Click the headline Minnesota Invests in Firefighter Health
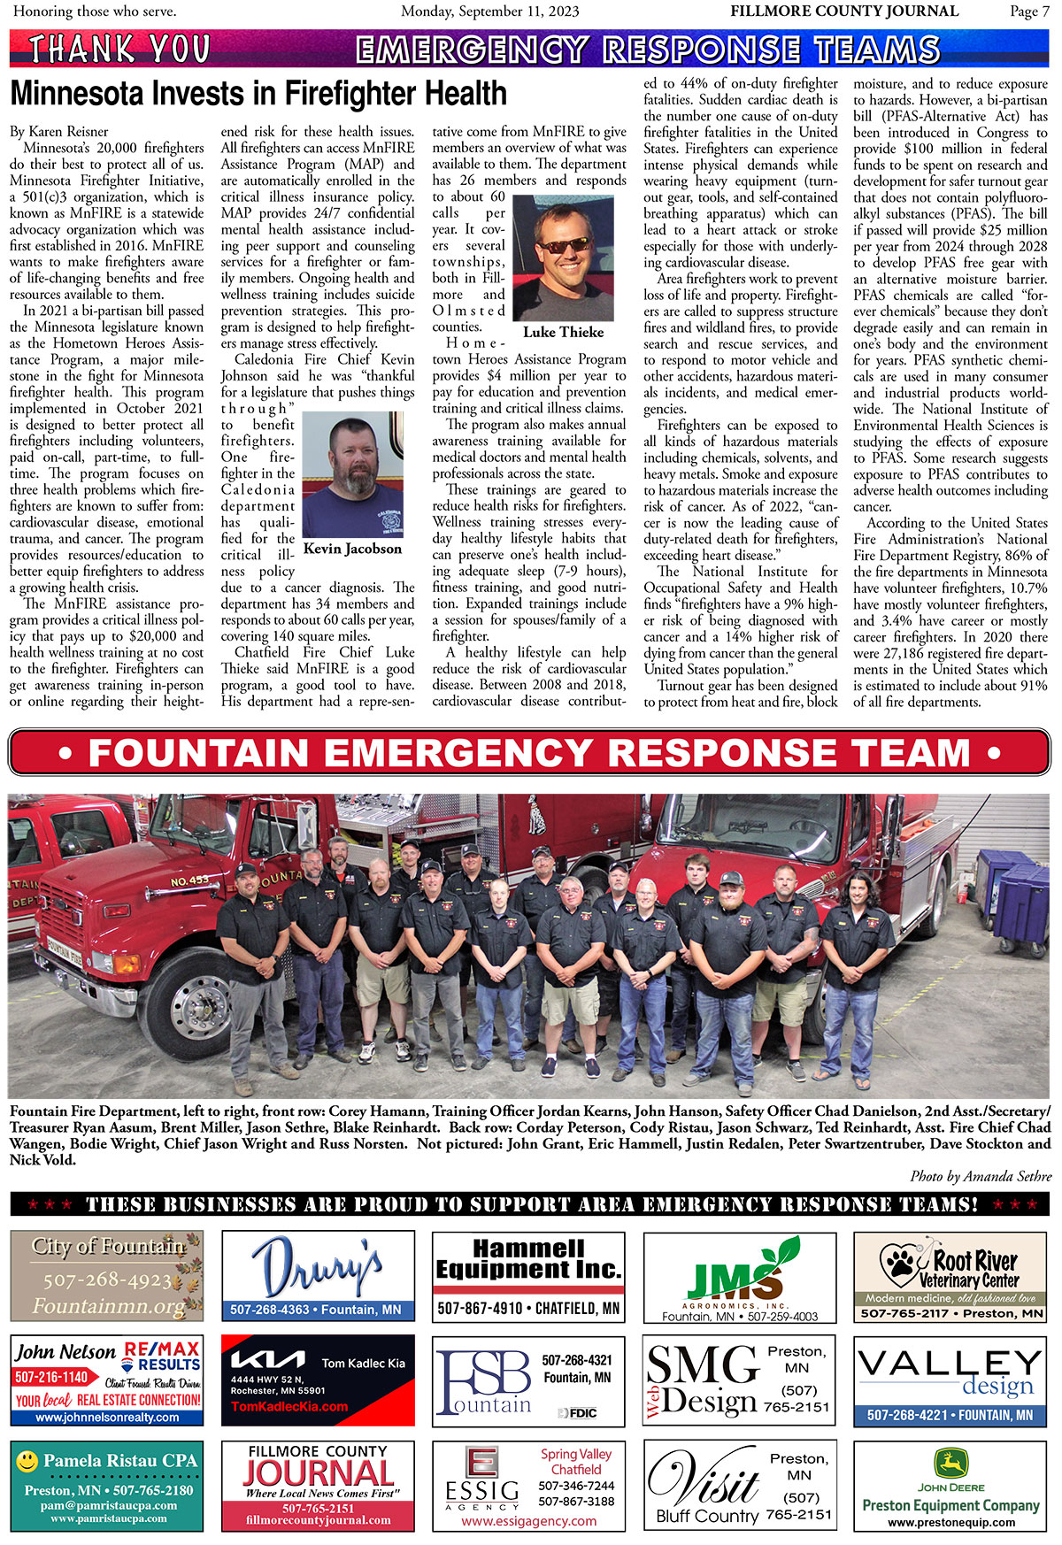tap(258, 94)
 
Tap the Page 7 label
tap(1029, 12)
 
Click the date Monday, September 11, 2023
tap(489, 12)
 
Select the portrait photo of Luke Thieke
tap(563, 259)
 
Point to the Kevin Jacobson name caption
tap(352, 549)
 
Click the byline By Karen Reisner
tap(58, 132)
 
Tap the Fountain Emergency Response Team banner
tap(529, 753)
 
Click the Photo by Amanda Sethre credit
tap(980, 1176)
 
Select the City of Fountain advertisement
tap(107, 1275)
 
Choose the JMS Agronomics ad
tap(739, 1277)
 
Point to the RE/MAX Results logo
tap(161, 1356)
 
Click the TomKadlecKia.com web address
tap(289, 1406)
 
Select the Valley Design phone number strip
tap(950, 1415)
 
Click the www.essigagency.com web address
tap(528, 1521)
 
